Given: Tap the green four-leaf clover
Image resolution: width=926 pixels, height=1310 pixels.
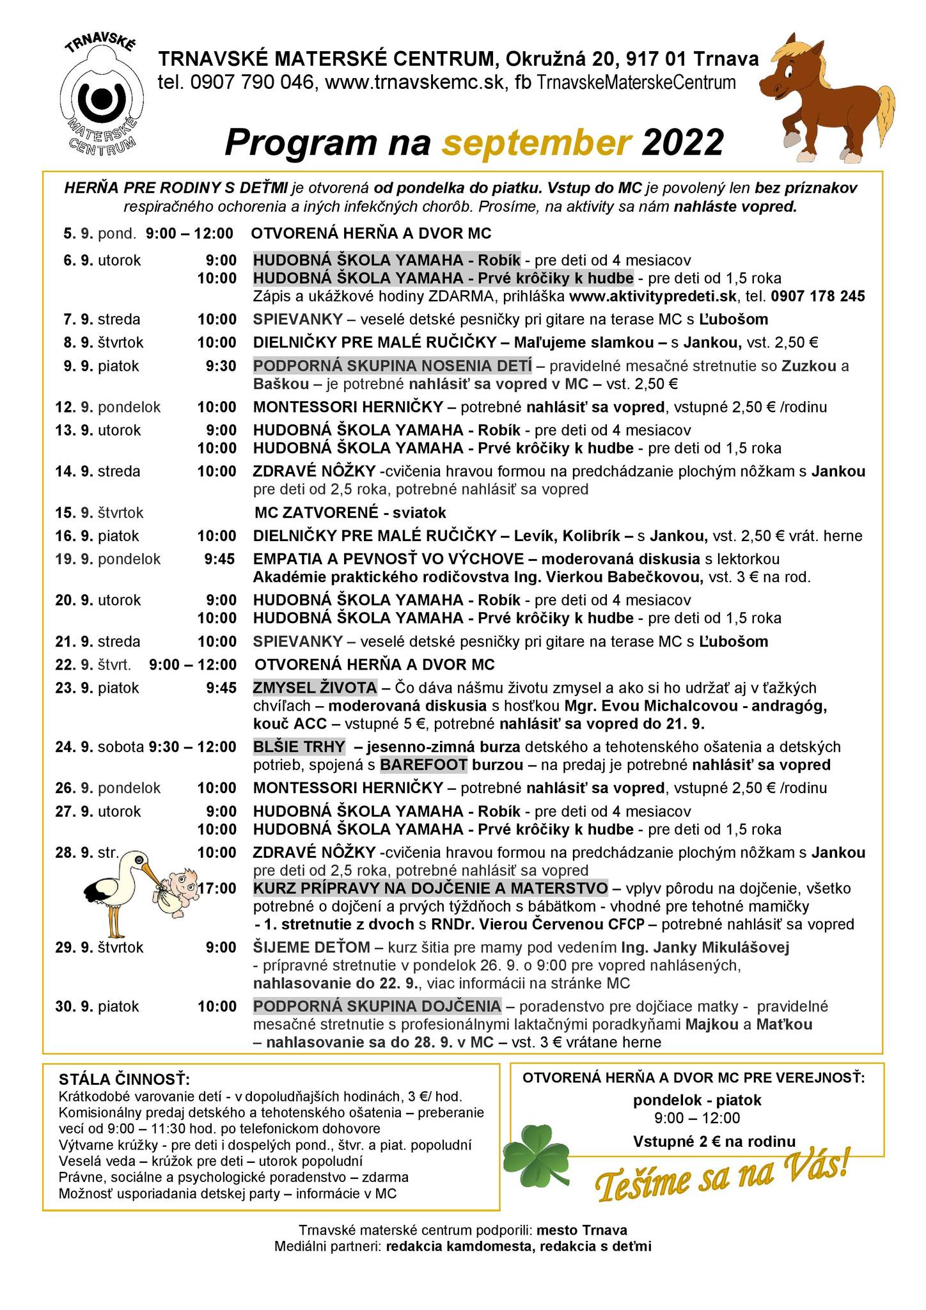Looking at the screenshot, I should point(537,1157).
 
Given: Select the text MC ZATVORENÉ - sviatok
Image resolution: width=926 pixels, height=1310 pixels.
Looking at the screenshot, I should point(350,512).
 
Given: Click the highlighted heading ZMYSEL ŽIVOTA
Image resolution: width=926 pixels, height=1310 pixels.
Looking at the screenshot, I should point(315,688).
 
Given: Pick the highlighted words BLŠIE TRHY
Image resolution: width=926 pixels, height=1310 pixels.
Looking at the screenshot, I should point(299,746).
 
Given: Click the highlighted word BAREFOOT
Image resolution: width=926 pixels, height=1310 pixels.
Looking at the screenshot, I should point(424,764).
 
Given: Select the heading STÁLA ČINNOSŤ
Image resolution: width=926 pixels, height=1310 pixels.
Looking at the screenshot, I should point(124,1079).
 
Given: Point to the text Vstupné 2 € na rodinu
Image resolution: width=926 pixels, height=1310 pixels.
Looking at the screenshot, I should point(714,1142).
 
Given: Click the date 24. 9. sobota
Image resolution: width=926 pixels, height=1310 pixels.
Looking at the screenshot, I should point(100,746).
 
